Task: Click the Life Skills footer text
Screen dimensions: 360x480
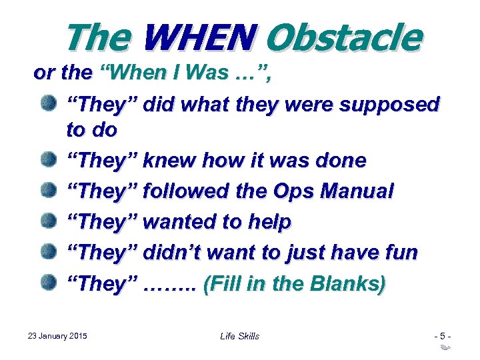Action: point(239,336)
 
